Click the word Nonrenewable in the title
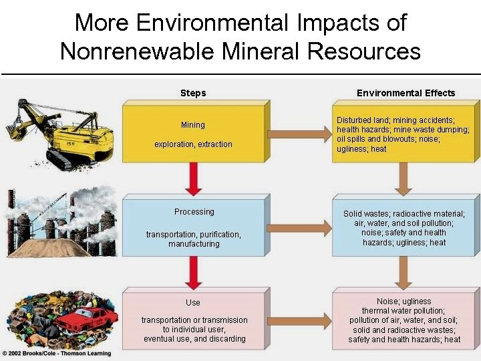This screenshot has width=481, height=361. pos(134,51)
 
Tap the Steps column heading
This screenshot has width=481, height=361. pos(193,93)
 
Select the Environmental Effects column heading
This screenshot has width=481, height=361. pos(406,93)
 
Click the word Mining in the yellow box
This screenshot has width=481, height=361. pos(193,125)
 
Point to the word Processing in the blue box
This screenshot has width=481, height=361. pos(194,212)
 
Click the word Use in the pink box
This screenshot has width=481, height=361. pos(193,303)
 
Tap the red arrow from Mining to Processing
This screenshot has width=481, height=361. pos(194,177)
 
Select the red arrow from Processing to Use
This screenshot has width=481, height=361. pos(194,271)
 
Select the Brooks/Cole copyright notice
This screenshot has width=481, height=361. pos(56,353)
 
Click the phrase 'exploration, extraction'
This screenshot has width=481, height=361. pos(193,144)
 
